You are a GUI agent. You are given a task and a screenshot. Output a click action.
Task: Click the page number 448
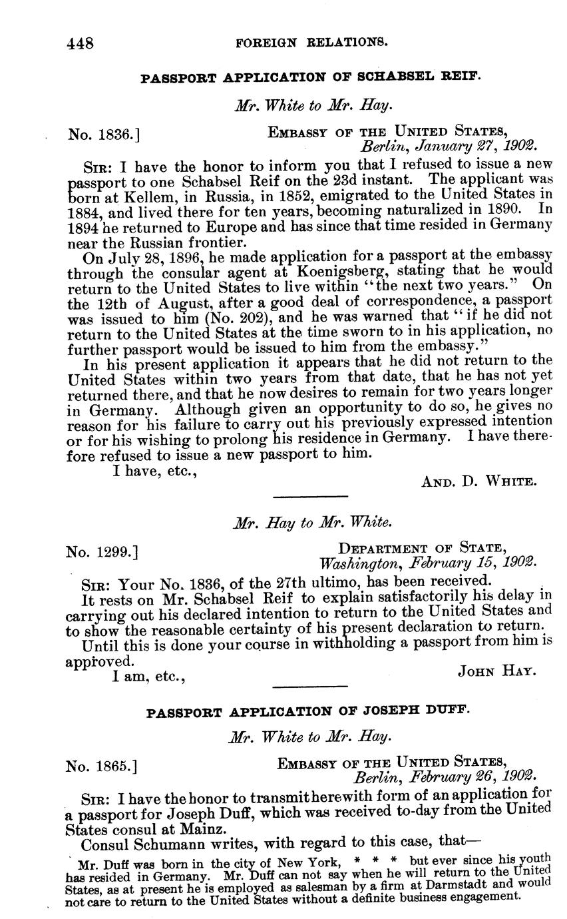80,43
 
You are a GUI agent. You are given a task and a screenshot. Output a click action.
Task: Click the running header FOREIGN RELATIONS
312,42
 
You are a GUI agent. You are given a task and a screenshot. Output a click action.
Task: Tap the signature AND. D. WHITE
479,481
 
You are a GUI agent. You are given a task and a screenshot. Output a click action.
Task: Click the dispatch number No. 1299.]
102,551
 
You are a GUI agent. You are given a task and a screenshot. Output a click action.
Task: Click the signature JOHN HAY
496,671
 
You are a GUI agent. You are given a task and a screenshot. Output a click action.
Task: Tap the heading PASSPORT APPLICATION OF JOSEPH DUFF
308,711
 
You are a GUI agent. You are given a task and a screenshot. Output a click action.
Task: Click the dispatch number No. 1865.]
102,766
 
